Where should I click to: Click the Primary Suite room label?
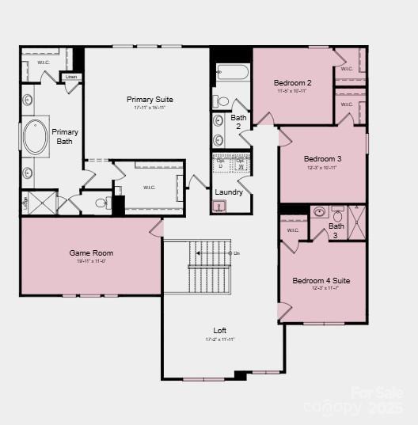tap(150, 100)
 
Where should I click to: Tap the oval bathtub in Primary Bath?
tap(36, 137)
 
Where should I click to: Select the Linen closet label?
tap(71, 77)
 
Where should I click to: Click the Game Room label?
tap(91, 253)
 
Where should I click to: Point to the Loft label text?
tap(219, 330)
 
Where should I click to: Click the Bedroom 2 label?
tap(292, 83)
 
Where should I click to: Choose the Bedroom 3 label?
tap(322, 159)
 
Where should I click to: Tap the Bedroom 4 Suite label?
tap(321, 281)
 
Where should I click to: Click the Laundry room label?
tap(229, 192)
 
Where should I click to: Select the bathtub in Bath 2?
tap(232, 74)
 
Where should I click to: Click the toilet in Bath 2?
tap(222, 101)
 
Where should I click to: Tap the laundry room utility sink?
tap(220, 207)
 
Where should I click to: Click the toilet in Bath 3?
tap(338, 214)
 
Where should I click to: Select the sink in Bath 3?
tap(319, 212)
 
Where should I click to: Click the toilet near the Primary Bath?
tap(101, 203)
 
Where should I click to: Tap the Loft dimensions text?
tap(219, 340)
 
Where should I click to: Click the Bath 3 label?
tap(336, 230)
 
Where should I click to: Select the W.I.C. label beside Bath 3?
tap(293, 230)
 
